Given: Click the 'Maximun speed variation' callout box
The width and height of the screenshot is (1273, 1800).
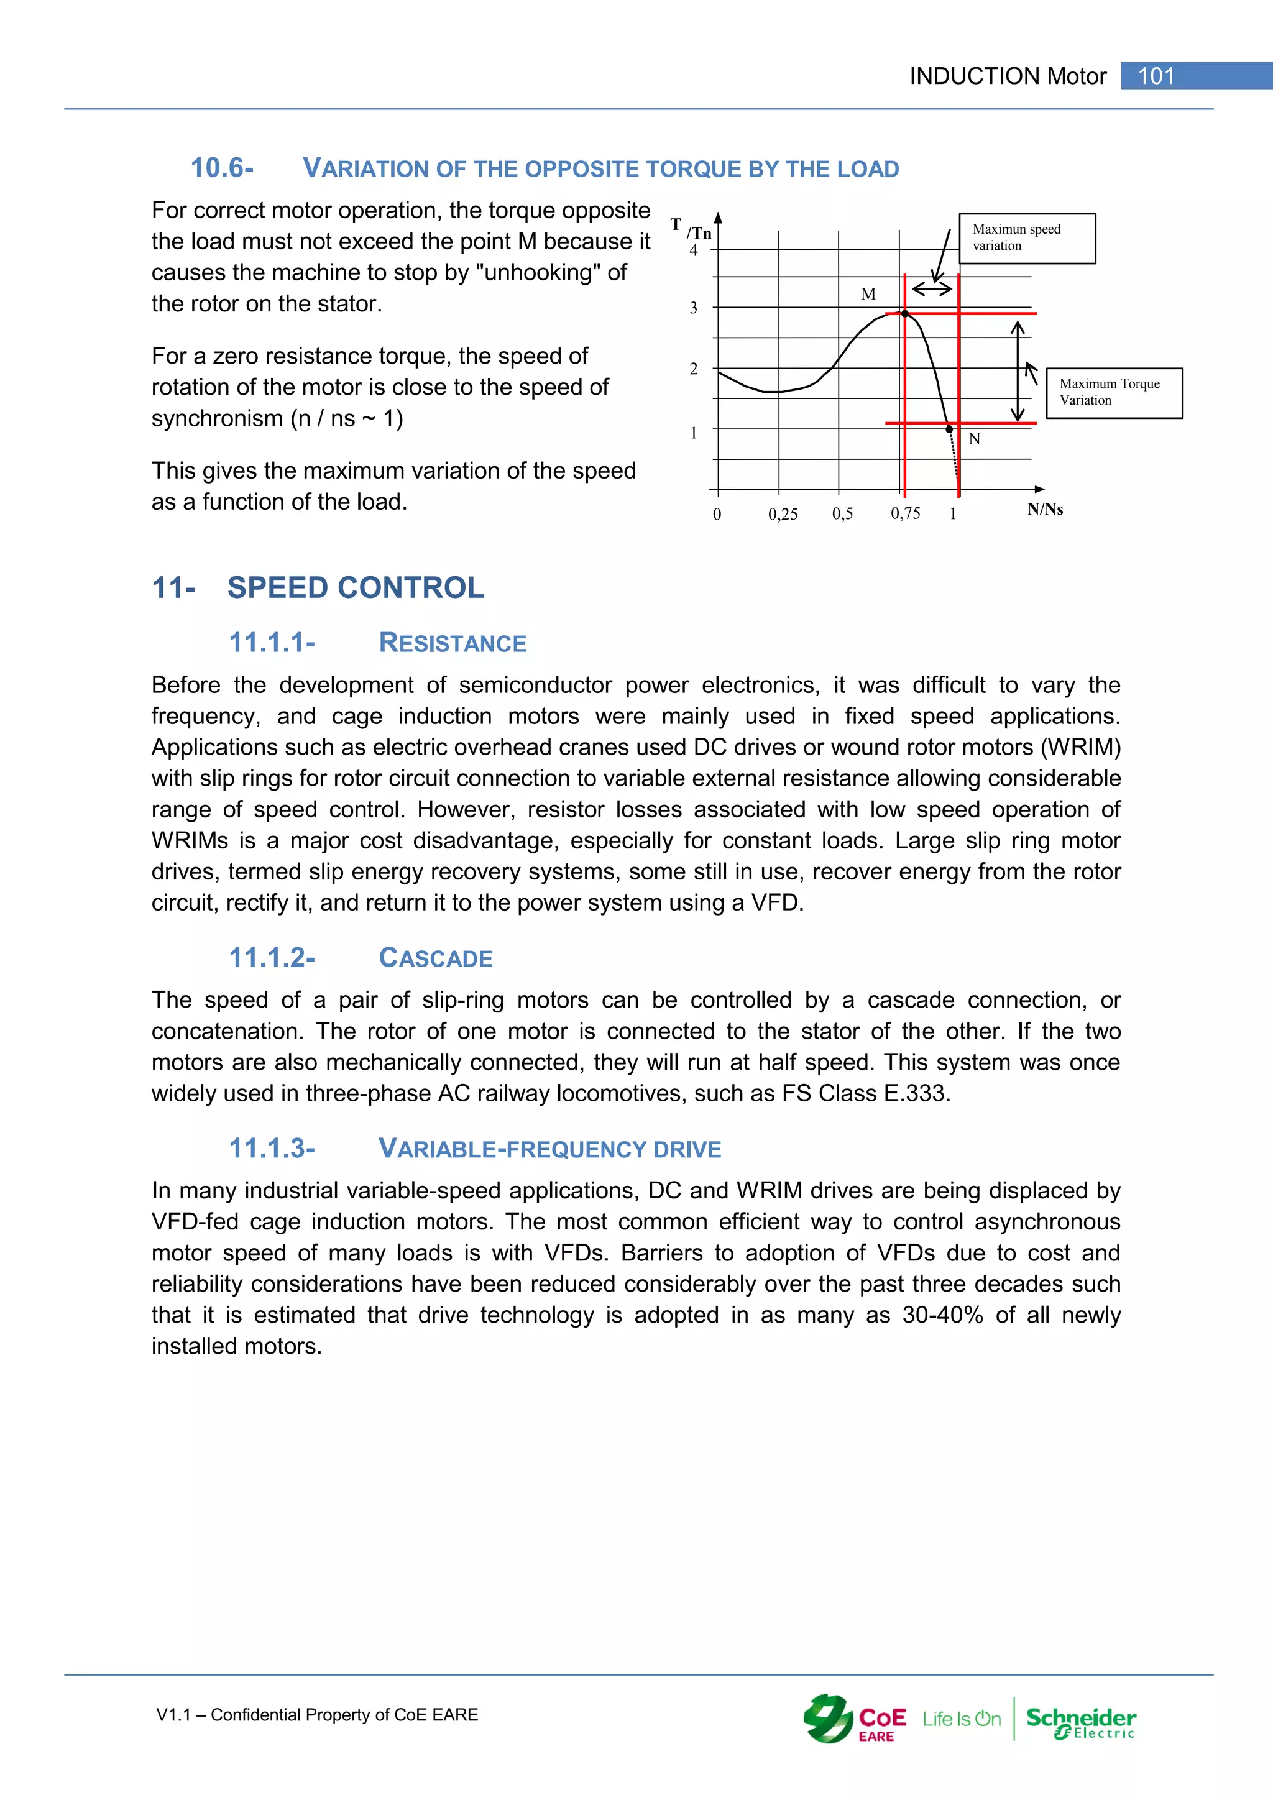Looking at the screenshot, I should [x=1027, y=238].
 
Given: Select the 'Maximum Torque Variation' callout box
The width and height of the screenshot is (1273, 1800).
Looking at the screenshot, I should [x=1114, y=393].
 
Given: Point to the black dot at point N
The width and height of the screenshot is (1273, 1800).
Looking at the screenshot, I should [x=949, y=429].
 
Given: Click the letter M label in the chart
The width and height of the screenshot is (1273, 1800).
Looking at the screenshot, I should [x=868, y=294].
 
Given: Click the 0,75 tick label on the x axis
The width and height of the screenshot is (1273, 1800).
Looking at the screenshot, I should [x=906, y=513].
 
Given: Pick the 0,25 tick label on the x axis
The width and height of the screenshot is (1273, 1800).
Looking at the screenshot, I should [x=783, y=514].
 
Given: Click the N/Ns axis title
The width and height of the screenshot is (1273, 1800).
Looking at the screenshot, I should [x=1045, y=510].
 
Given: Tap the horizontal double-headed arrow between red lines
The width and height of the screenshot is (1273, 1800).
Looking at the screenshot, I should [x=932, y=288].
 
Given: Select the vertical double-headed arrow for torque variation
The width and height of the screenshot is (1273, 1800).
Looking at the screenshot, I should [x=1018, y=372].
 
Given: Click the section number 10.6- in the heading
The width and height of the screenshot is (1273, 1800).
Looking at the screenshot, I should [x=222, y=168].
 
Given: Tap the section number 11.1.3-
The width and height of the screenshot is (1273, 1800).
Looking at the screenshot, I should [x=271, y=1149].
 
